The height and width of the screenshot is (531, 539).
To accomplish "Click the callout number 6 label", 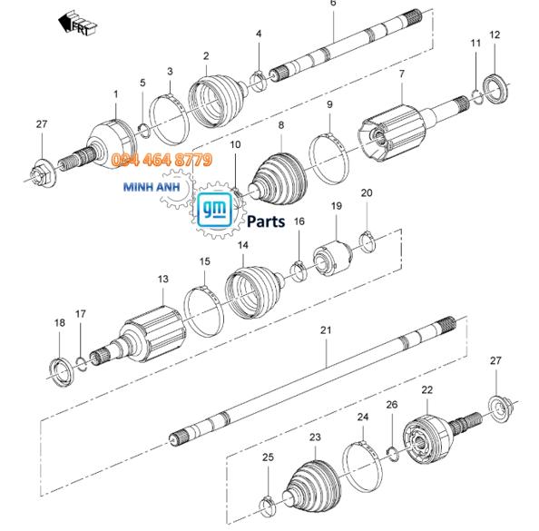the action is pyautogui.click(x=333, y=3).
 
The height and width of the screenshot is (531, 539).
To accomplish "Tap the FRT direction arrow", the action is pyautogui.click(x=77, y=24).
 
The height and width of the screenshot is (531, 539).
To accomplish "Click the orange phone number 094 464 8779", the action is pyautogui.click(x=162, y=160).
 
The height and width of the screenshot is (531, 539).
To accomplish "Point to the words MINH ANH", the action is pyautogui.click(x=152, y=187).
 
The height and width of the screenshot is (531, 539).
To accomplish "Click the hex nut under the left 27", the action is pyautogui.click(x=42, y=173).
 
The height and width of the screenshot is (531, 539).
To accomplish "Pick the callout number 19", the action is pyautogui.click(x=337, y=206).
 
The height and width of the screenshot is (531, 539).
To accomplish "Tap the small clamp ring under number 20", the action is pyautogui.click(x=367, y=241).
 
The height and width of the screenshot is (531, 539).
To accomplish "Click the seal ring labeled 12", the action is pyautogui.click(x=495, y=88).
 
